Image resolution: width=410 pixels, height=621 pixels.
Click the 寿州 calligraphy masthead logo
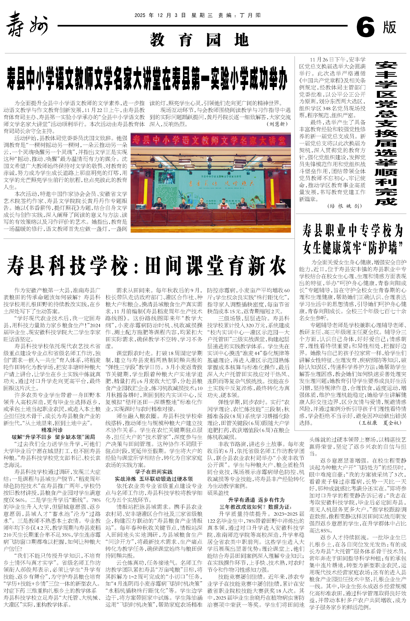coord(27,24)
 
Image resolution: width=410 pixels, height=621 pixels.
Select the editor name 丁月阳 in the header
coord(250,15)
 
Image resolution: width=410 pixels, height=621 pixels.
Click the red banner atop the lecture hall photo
coord(211,140)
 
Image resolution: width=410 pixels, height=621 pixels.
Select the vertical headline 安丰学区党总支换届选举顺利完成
coord(386,133)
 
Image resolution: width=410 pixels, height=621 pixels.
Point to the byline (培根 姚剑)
coord(345,206)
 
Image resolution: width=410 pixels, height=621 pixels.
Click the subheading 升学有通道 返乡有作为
coord(256,500)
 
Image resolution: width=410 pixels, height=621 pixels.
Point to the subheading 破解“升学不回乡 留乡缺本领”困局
coord(53,437)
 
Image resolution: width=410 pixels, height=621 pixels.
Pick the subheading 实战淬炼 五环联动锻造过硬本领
coord(154,479)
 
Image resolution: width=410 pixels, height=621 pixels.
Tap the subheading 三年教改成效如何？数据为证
coord(256,507)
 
